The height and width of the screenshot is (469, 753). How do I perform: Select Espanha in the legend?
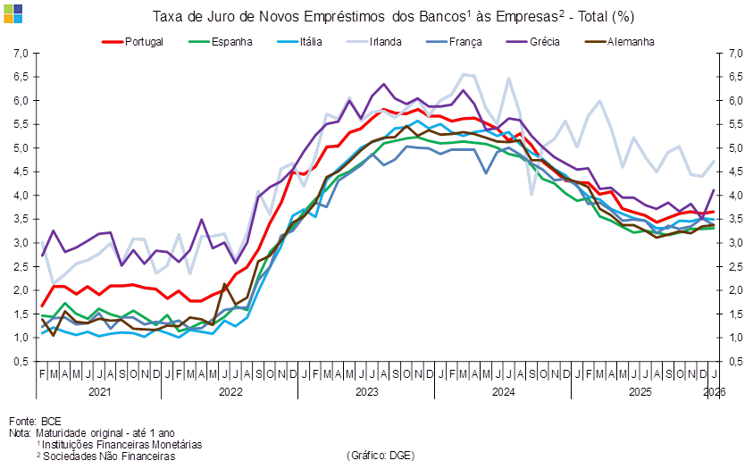coord(231,41)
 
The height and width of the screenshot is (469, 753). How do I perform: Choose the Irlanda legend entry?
coord(386,41)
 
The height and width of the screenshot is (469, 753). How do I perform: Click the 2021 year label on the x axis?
coord(99,391)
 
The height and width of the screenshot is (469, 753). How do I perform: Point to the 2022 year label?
coord(230,391)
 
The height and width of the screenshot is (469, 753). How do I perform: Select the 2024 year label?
coord(504,391)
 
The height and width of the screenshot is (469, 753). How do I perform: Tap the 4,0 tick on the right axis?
coord(735,196)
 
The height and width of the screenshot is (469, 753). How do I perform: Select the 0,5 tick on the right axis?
coord(735,362)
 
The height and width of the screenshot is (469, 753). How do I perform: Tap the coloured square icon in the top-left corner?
coord(13,12)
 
